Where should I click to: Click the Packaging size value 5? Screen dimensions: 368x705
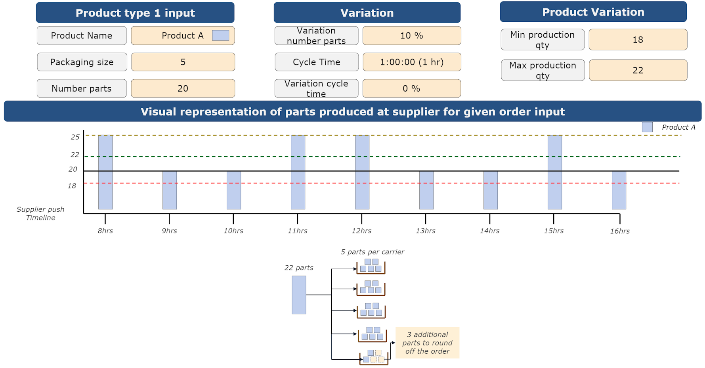pyautogui.click(x=183, y=62)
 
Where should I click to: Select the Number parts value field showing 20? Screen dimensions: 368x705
pyautogui.click(x=183, y=88)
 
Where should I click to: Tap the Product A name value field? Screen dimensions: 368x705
pyautogui.click(x=183, y=36)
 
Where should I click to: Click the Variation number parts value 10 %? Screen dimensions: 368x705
pyautogui.click(x=411, y=36)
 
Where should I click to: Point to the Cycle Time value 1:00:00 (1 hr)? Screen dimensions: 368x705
pyautogui.click(x=411, y=62)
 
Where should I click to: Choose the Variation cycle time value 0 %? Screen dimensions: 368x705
pyautogui.click(x=411, y=88)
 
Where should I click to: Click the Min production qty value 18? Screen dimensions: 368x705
pyautogui.click(x=638, y=40)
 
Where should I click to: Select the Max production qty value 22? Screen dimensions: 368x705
pyautogui.click(x=638, y=70)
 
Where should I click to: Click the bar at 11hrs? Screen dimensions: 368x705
pyautogui.click(x=298, y=172)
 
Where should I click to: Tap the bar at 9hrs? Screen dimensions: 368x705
pyautogui.click(x=170, y=190)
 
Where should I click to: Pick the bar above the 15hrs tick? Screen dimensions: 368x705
pyautogui.click(x=554, y=172)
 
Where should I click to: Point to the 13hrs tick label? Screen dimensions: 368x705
pyautogui.click(x=425, y=231)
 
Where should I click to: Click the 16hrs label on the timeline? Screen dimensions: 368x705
pyautogui.click(x=619, y=231)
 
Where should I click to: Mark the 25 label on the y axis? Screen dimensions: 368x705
pyautogui.click(x=75, y=137)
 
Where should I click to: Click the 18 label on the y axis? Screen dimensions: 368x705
pyautogui.click(x=72, y=186)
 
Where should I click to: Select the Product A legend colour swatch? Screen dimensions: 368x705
pyautogui.click(x=647, y=127)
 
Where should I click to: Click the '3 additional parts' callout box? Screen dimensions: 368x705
pyautogui.click(x=427, y=343)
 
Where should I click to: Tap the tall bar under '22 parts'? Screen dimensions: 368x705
pyautogui.click(x=299, y=295)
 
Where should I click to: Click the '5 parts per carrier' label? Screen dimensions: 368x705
pyautogui.click(x=372, y=252)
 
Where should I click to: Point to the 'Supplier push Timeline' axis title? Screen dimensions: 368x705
pyautogui.click(x=40, y=213)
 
